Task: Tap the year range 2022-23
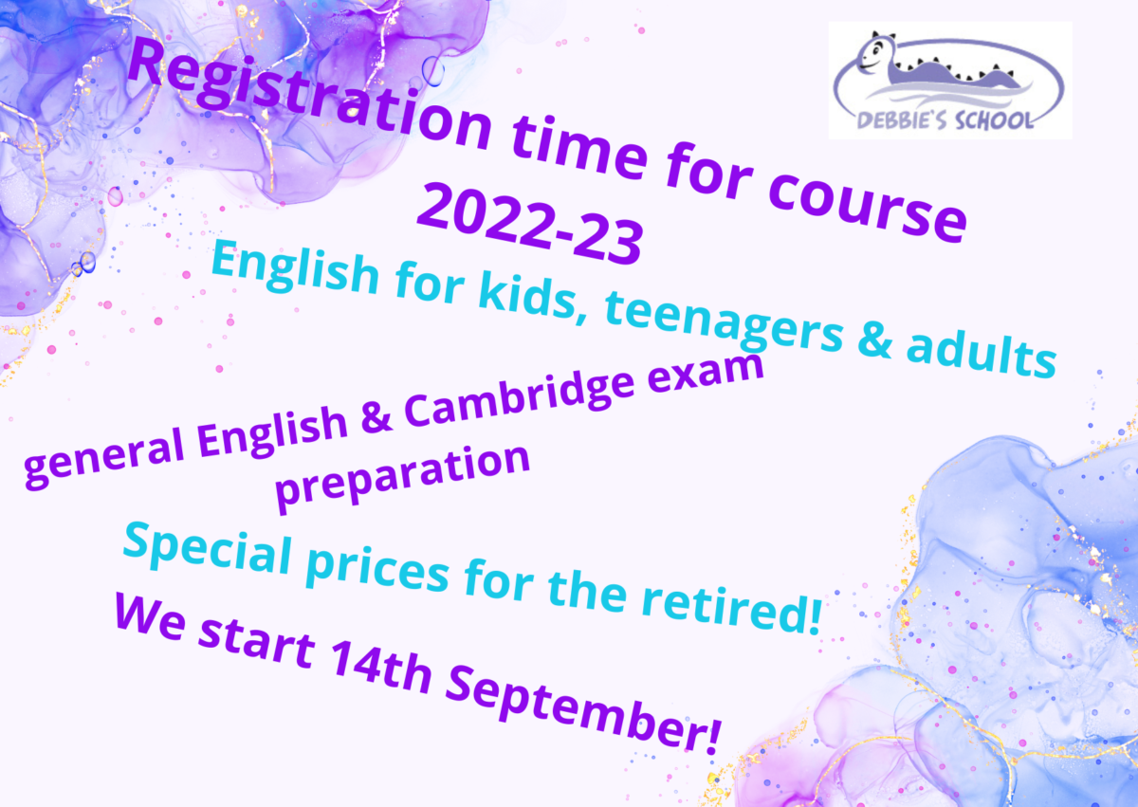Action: (x=530, y=224)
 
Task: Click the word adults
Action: (x=981, y=352)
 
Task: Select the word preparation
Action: (x=402, y=477)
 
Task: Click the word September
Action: (x=582, y=709)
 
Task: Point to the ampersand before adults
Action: (x=874, y=339)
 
